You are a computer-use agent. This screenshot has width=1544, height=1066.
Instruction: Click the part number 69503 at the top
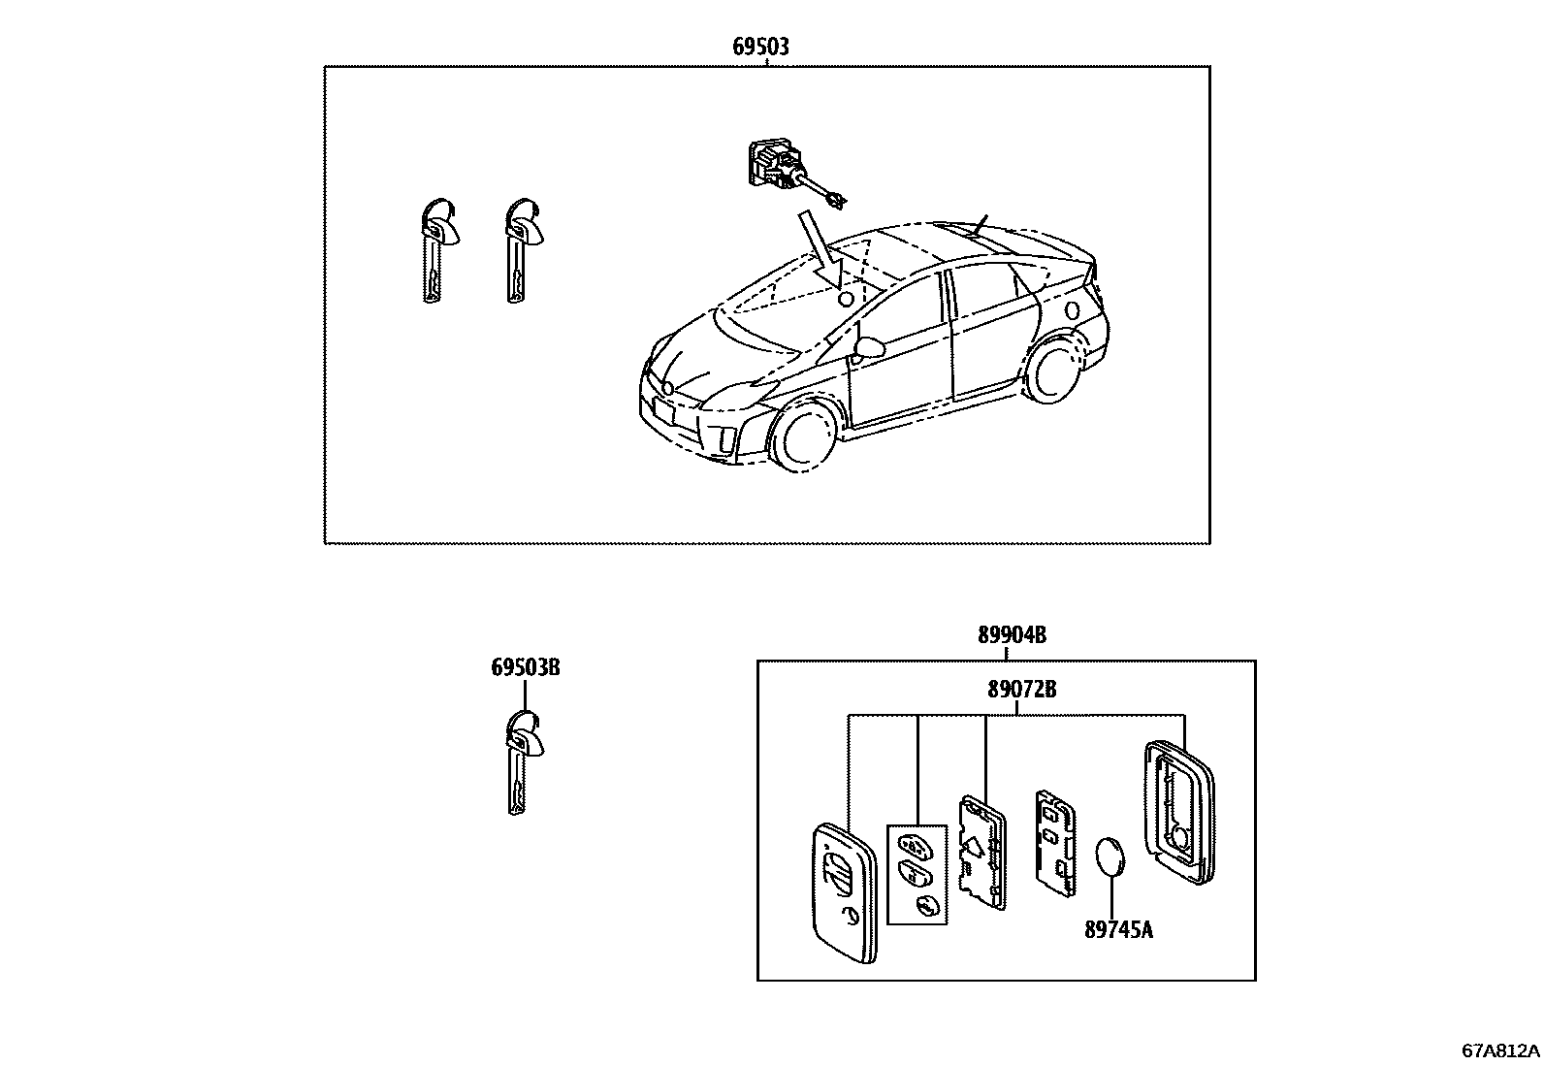pos(760,46)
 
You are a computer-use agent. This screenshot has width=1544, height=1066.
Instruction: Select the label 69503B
pos(525,667)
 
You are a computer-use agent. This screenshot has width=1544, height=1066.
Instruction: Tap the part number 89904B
pos(1012,635)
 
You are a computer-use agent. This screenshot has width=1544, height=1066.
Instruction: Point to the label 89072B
pos(1021,690)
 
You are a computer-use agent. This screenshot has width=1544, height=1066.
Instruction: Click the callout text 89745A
pos(1118,929)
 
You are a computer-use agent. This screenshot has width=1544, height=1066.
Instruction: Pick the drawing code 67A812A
pos(1500,1050)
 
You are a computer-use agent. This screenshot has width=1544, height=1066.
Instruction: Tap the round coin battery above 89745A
pos(1111,858)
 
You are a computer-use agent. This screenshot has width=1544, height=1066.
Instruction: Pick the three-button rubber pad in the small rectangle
pos(917,874)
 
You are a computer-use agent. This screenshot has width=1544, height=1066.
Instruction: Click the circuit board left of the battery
pos(1054,840)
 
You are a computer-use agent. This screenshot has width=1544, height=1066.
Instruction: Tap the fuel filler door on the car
pos(1072,310)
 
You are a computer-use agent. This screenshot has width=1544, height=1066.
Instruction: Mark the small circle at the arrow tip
pos(845,299)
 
